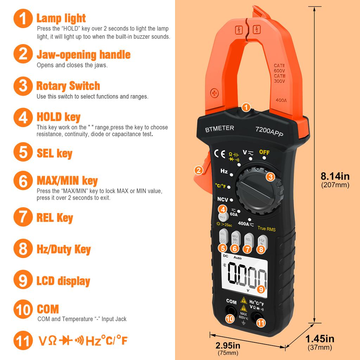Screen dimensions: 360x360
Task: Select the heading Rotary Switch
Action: [68, 86]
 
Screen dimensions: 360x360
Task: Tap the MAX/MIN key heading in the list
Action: [67, 181]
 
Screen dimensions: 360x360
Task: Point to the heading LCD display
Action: [63, 281]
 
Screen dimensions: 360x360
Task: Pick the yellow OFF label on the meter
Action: [264, 152]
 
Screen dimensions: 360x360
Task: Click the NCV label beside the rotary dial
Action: [223, 199]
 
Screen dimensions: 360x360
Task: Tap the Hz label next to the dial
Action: [224, 171]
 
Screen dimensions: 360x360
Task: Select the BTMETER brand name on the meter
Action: [219, 129]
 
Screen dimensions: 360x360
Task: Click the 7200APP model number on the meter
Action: [269, 131]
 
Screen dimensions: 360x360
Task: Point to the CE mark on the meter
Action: [219, 154]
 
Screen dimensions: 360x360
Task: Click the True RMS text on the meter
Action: [266, 229]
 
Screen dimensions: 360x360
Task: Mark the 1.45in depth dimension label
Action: [320, 339]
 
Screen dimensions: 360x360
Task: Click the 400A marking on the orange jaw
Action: [281, 100]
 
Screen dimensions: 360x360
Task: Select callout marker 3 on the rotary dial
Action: [270, 177]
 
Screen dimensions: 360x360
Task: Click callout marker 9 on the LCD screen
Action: [261, 289]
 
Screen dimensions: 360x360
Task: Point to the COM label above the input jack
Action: [231, 301]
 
